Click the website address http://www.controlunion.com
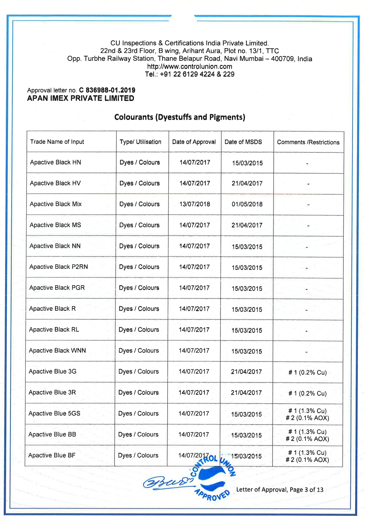(190, 67)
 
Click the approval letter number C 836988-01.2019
(107, 90)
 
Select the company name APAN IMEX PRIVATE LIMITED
(81, 98)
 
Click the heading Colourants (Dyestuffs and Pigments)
(180, 117)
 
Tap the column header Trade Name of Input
(57, 142)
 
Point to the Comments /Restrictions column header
(308, 142)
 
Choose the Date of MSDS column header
(243, 142)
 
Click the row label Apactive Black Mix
(56, 204)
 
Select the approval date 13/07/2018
(195, 204)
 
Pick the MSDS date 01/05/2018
(247, 204)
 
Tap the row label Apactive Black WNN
(57, 351)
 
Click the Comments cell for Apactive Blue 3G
(307, 372)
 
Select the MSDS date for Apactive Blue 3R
(246, 393)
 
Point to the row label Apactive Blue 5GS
(54, 413)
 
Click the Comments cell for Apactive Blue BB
(307, 435)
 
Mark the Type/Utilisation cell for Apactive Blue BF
(138, 455)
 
